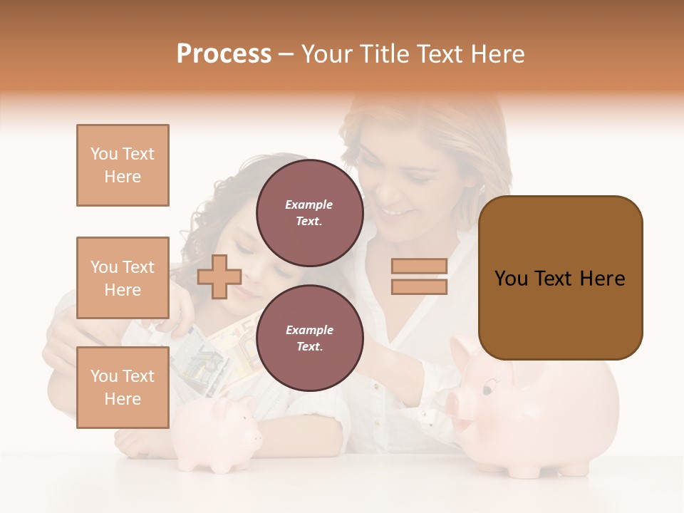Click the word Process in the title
click(x=224, y=54)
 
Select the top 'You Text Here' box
click(x=123, y=165)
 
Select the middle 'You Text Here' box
click(x=123, y=278)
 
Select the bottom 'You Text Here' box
click(x=123, y=388)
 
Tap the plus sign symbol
click(x=219, y=276)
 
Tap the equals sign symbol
click(x=419, y=276)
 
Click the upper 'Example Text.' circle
click(x=309, y=212)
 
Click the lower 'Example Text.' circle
click(x=309, y=338)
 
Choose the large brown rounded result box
click(x=560, y=278)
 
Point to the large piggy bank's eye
click(x=487, y=389)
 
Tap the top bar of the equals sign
click(x=419, y=266)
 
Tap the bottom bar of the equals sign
click(x=419, y=287)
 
